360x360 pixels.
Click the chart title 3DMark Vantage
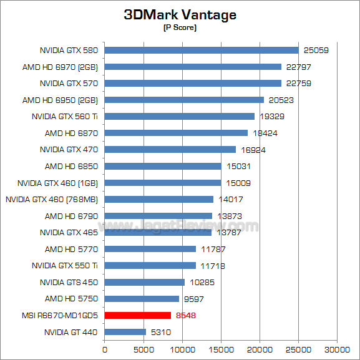(x=180, y=14)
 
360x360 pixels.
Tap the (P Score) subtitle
(x=180, y=28)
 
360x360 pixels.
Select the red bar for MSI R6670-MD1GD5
(x=138, y=315)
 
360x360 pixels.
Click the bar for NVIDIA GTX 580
(x=202, y=50)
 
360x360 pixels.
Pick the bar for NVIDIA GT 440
(x=125, y=332)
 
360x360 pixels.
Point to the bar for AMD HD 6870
(x=176, y=133)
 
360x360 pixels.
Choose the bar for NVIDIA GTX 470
(x=170, y=149)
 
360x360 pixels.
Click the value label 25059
(x=316, y=50)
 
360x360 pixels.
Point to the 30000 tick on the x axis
(x=338, y=349)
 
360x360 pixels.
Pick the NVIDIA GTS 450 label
(x=69, y=282)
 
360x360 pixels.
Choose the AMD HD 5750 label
(x=71, y=299)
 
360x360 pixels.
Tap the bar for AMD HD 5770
(x=150, y=249)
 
